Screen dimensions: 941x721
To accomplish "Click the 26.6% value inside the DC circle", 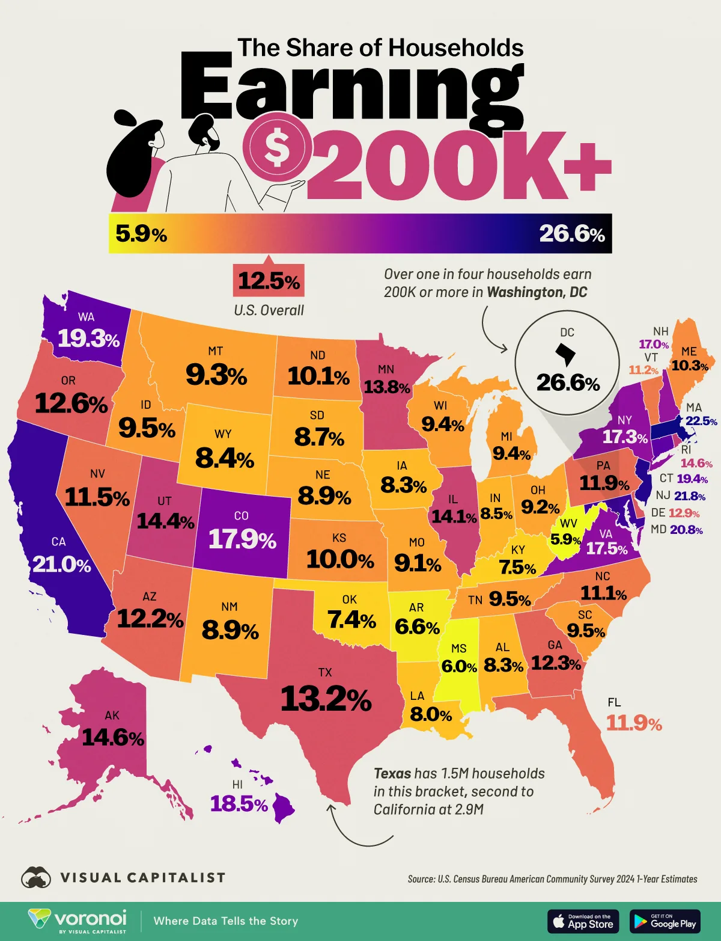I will (x=568, y=382).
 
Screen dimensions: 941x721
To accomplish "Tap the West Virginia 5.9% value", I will (x=566, y=540).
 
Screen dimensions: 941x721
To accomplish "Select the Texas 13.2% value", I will (x=326, y=699).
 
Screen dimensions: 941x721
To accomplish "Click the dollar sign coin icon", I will (x=276, y=149).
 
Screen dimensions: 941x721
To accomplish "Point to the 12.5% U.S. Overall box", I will (x=269, y=281).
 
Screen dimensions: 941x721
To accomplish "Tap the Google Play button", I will (x=665, y=921).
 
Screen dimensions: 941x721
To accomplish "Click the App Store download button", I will (x=582, y=921).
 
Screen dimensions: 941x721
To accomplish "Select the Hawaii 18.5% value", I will (x=239, y=803).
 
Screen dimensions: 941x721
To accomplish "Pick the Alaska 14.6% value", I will (x=113, y=737).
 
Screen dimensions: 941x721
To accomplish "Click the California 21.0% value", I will (x=61, y=565).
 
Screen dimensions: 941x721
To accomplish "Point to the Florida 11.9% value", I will (x=634, y=723).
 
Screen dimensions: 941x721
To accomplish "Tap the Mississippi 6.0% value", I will (x=459, y=666).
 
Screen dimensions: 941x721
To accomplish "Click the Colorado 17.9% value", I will (x=242, y=539).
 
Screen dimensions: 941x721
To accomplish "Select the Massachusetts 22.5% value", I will (x=701, y=421).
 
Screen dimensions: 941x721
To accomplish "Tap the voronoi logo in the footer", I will (x=78, y=921).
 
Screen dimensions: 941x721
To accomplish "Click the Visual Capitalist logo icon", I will (x=36, y=878).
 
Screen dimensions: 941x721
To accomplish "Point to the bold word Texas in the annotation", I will (x=392, y=774).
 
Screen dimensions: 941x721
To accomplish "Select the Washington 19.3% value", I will (x=88, y=339).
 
